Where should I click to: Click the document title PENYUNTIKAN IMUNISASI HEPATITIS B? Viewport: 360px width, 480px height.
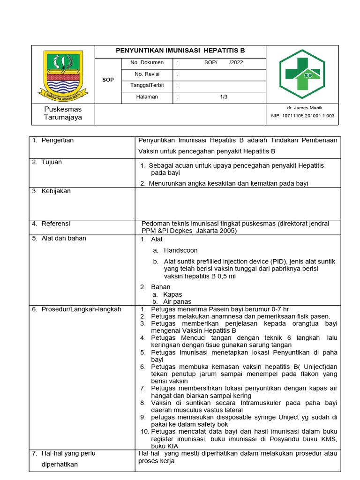click(180, 51)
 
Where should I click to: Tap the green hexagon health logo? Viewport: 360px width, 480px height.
click(302, 74)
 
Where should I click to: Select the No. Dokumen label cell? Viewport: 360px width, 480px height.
click(147, 62)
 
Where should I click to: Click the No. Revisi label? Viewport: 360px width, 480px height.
click(147, 74)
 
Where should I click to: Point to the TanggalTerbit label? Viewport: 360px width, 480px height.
click(147, 85)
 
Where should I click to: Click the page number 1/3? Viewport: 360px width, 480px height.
click(224, 97)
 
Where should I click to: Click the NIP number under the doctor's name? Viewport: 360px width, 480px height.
click(303, 116)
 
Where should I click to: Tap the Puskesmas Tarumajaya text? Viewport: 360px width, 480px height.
click(63, 113)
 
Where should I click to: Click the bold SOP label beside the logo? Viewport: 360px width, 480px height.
click(108, 80)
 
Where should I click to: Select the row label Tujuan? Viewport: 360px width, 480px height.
click(52, 162)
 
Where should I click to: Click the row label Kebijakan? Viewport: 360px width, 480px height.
click(56, 191)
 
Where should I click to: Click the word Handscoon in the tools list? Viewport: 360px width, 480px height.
click(181, 250)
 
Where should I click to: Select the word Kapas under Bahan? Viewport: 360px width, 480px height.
click(172, 294)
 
